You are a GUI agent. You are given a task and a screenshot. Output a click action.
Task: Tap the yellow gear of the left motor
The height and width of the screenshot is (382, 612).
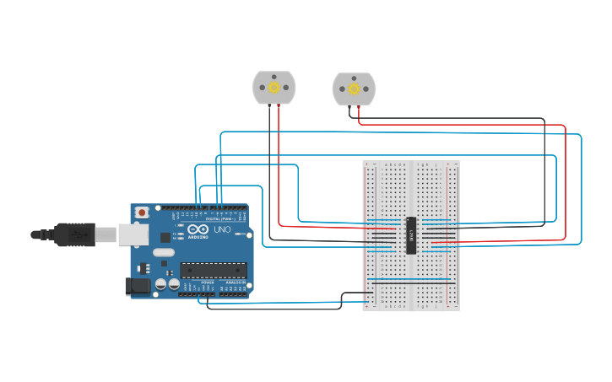point(274,87)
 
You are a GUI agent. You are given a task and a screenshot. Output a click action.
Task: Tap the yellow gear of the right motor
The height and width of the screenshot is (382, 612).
point(354,89)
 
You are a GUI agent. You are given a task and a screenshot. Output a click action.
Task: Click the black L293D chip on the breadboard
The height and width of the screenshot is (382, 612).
point(411,234)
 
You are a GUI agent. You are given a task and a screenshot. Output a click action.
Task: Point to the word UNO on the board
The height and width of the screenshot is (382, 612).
point(222,229)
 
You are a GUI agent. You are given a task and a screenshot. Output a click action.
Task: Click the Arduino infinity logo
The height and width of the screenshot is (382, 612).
point(198,229)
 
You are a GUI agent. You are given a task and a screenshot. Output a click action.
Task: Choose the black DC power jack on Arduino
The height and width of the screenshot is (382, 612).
point(137,287)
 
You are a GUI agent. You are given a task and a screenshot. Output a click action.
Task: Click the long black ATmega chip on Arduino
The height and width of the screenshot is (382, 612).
point(213,270)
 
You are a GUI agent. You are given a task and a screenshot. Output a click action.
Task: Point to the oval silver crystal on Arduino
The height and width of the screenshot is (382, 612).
point(164,252)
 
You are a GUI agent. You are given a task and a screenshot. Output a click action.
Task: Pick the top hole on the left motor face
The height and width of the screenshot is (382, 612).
point(274,77)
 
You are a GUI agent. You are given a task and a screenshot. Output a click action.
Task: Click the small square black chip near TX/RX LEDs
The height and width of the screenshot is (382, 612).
point(165,238)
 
